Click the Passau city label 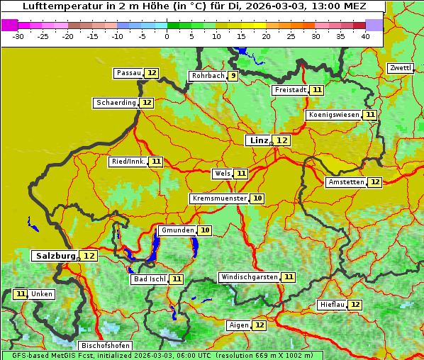[x=128, y=73]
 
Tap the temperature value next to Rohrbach [x=233, y=76]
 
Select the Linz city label [x=258, y=140]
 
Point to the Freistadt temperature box [x=317, y=90]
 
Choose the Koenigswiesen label [x=333, y=115]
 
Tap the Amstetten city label [x=346, y=182]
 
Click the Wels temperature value [x=241, y=174]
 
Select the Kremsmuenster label [x=219, y=198]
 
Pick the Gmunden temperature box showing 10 [x=205, y=230]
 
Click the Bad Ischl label [x=149, y=279]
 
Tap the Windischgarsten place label [x=249, y=276]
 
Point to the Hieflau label [x=332, y=305]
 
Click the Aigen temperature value [x=259, y=325]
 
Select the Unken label [x=42, y=294]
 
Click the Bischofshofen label [x=105, y=346]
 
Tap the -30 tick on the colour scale [x=18, y=36]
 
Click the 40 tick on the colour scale [x=365, y=36]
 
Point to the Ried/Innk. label [x=128, y=162]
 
